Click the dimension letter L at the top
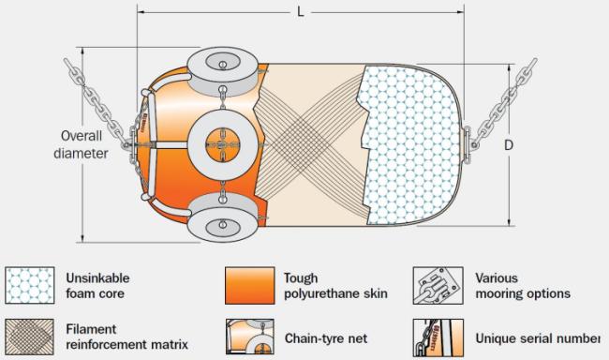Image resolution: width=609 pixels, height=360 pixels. click(300, 12)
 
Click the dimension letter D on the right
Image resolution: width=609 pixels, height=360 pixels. click(509, 145)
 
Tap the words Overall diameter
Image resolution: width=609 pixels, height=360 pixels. click(81, 144)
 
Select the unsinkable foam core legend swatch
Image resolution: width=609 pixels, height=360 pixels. click(30, 285)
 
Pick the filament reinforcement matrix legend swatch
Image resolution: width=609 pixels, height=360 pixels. click(30, 337)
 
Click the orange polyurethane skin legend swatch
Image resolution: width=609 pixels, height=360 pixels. click(250, 285)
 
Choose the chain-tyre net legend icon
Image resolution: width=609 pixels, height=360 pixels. click(250, 337)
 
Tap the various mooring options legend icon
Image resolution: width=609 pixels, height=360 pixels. click(438, 285)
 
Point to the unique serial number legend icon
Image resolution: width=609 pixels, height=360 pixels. click(438, 337)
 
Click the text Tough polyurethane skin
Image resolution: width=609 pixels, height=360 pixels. click(335, 286)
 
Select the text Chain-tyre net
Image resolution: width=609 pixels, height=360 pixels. click(326, 338)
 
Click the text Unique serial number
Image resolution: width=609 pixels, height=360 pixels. click(538, 338)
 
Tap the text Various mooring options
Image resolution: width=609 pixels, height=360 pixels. click(523, 286)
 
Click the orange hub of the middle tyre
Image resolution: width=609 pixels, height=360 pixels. click(223, 145)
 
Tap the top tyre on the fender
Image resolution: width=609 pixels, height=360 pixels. click(223, 71)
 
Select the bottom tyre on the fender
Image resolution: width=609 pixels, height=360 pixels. click(223, 217)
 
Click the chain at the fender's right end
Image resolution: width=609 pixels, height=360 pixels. click(505, 102)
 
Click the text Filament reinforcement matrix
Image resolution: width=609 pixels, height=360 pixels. click(126, 337)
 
